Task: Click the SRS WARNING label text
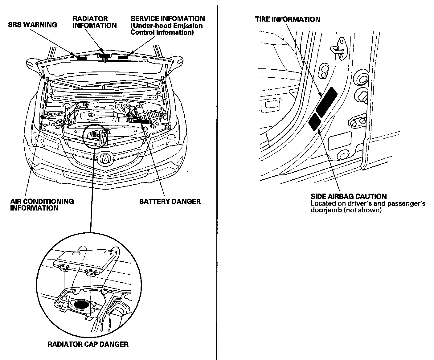point(32,25)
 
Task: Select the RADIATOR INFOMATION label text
point(95,22)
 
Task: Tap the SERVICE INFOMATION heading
point(168,19)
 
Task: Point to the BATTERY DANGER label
point(170,202)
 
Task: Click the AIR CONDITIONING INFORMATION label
point(42,205)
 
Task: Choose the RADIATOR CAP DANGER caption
point(88,344)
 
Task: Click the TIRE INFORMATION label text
point(288,19)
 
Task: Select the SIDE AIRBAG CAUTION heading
point(348,196)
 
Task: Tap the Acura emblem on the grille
point(106,158)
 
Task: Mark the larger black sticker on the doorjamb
point(326,102)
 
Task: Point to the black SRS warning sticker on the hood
point(82,57)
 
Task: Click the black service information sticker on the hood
point(123,57)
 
